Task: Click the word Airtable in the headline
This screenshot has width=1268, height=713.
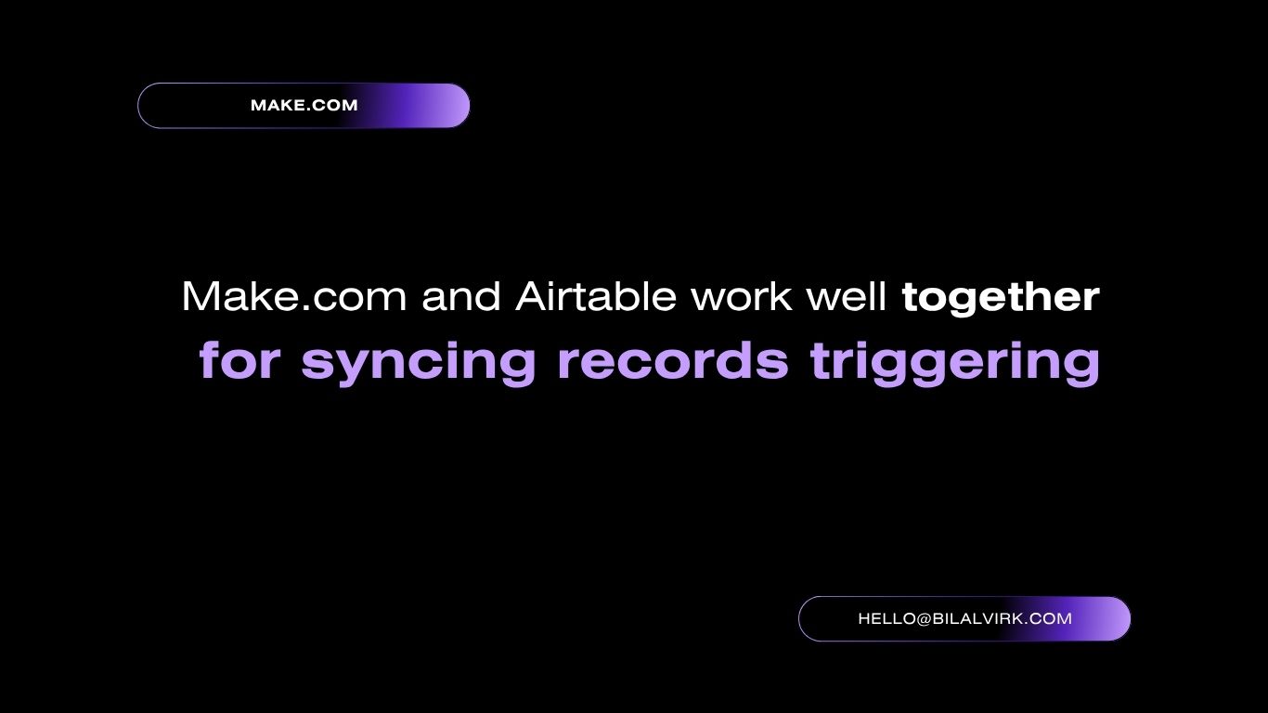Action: tap(596, 295)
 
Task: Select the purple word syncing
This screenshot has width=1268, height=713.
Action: tap(419, 363)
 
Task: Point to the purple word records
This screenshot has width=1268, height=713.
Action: tap(673, 359)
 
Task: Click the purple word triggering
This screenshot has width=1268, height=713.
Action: tap(955, 363)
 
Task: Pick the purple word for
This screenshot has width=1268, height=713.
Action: tap(240, 359)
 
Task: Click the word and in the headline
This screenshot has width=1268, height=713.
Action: tap(461, 295)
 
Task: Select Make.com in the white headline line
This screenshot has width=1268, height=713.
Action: tap(294, 295)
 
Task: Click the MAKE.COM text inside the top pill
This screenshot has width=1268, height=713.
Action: tap(304, 105)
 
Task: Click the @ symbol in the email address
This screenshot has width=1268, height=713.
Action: tap(923, 618)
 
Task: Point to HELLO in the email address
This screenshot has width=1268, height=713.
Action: tap(886, 618)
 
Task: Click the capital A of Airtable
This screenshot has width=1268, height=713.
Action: tap(533, 295)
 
